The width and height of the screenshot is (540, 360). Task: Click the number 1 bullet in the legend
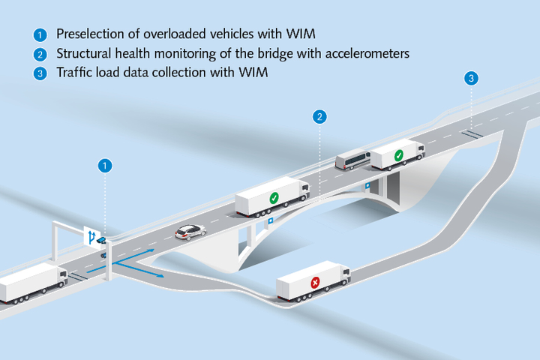click(40, 34)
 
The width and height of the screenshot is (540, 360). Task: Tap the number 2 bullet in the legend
click(40, 54)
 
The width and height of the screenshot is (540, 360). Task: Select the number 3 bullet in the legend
click(40, 73)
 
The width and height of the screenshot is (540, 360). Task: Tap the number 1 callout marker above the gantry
click(105, 165)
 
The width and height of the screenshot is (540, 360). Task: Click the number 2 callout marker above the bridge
click(320, 116)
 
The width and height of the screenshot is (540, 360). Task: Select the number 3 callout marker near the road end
click(471, 78)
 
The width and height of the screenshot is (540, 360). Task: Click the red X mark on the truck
click(316, 283)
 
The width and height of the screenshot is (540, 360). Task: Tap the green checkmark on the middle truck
click(274, 199)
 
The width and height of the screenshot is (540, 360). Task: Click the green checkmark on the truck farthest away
click(399, 155)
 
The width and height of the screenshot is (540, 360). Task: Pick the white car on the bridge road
click(190, 232)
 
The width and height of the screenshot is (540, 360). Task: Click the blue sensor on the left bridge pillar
click(270, 222)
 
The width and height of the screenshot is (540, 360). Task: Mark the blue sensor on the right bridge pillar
click(367, 184)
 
